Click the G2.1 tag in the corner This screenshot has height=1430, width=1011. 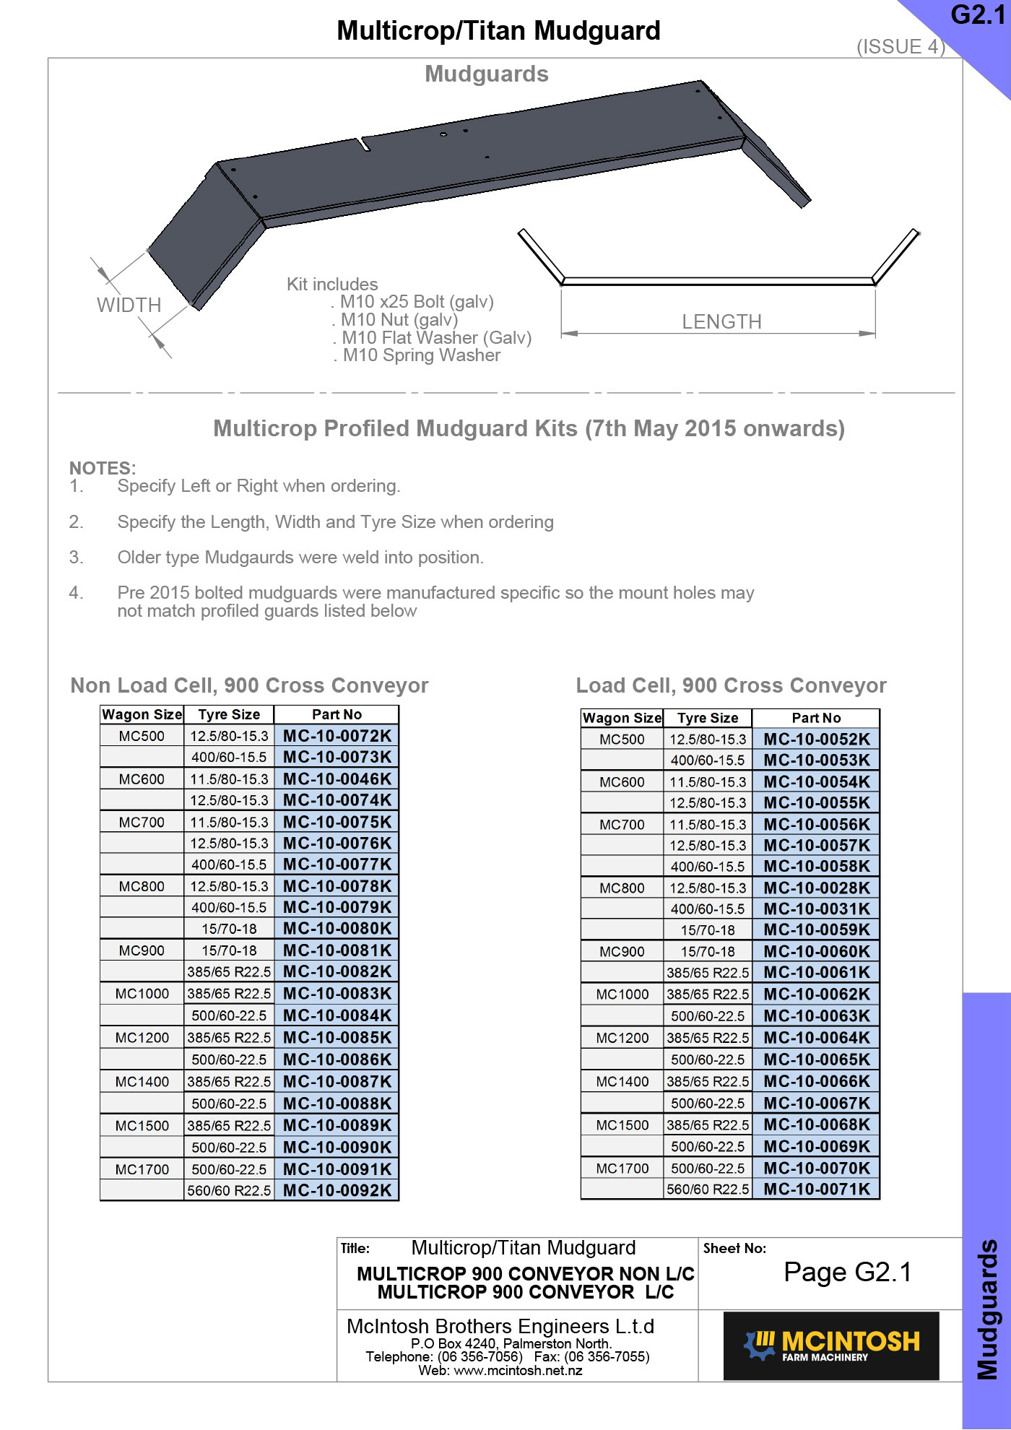tap(978, 15)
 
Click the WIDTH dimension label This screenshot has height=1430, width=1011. tap(129, 305)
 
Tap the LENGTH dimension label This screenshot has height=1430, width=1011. tap(721, 322)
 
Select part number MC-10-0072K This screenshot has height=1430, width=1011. tap(337, 736)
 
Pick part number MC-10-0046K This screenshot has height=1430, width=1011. tap(337, 779)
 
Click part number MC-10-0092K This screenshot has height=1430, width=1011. tap(337, 1190)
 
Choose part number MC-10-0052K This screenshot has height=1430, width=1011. tap(817, 740)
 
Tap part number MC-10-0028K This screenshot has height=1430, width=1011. tap(817, 888)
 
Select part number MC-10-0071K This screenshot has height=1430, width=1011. tap(817, 1189)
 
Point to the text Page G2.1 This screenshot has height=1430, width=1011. tap(848, 1273)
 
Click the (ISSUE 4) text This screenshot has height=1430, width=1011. tap(901, 47)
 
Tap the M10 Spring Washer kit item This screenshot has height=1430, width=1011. tap(421, 355)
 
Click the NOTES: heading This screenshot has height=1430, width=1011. tap(103, 468)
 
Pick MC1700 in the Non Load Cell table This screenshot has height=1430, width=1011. tap(142, 1169)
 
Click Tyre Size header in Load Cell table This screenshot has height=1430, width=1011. tap(708, 718)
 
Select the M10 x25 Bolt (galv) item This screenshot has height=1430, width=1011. tap(417, 302)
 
